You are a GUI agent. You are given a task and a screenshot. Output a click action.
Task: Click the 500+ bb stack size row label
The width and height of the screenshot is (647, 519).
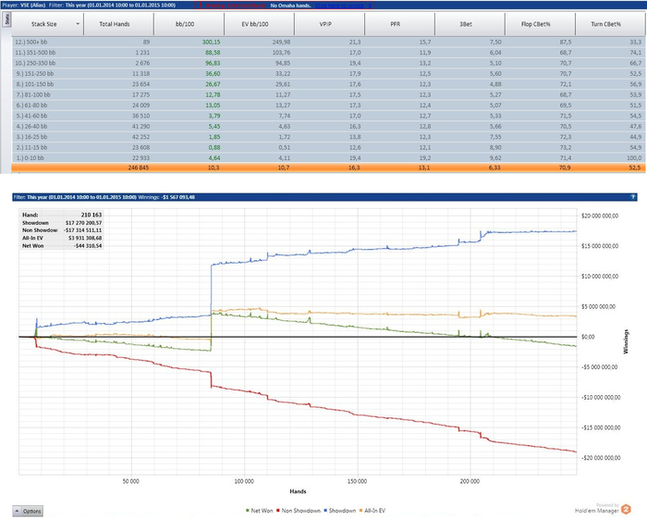click(34, 43)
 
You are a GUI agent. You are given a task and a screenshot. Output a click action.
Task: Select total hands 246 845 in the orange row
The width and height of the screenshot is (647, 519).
click(122, 169)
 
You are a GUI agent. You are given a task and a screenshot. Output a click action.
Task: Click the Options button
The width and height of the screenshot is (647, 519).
click(28, 511)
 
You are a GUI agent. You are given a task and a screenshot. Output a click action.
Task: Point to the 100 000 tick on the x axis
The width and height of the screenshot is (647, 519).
click(244, 481)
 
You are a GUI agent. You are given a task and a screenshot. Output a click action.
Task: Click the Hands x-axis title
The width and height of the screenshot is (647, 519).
click(298, 491)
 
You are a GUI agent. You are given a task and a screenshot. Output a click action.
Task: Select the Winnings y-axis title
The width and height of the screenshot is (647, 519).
click(637, 337)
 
